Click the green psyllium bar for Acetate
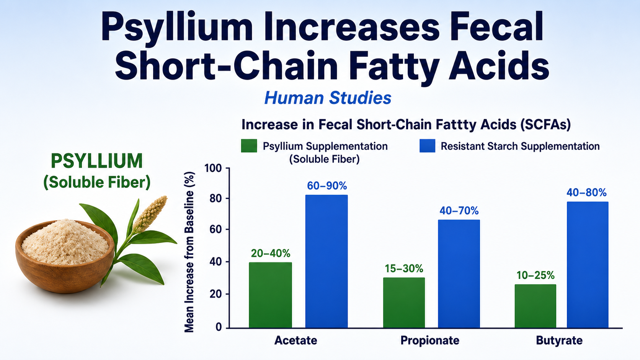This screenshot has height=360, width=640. tap(270, 295)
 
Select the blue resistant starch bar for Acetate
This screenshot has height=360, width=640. tap(327, 261)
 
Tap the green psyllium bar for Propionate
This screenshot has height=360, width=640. tap(404, 303)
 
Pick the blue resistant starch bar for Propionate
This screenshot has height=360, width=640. tap(459, 274)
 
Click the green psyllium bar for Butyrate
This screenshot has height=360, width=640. tap(536, 306)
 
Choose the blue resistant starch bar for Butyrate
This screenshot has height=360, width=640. tap(588, 265)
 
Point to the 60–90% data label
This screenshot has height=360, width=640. tap(327, 186)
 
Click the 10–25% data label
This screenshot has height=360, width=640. tap(536, 275)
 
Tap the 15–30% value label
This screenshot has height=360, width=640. tap(404, 268)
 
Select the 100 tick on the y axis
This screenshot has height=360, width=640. tap(213, 168)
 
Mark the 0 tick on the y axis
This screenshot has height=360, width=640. tap(219, 327)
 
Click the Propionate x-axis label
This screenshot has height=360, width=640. tap(430, 340)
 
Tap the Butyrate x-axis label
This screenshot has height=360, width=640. tap(559, 340)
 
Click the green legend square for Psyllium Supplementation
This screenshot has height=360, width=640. tap(249, 146)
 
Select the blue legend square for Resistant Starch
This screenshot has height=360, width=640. tap(427, 146)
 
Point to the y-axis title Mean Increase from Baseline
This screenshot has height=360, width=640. tap(189, 252)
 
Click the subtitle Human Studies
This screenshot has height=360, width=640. tap(328, 98)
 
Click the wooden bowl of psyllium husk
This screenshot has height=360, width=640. tap(65, 256)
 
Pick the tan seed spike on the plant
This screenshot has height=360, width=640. tap(150, 213)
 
